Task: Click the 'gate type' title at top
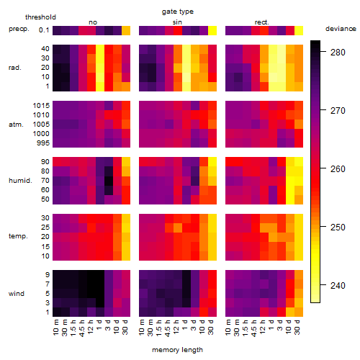(x=178, y=12)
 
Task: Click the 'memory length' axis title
(x=177, y=350)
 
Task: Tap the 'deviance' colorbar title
(x=341, y=29)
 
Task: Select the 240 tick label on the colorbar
(x=338, y=286)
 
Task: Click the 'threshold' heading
(x=40, y=17)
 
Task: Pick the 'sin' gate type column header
(x=177, y=22)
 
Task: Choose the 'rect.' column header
(x=261, y=22)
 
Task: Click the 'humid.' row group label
(x=20, y=181)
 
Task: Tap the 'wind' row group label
(x=17, y=294)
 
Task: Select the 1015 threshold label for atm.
(x=41, y=106)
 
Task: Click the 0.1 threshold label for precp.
(x=44, y=30)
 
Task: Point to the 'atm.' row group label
(x=16, y=125)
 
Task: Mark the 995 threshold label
(x=43, y=143)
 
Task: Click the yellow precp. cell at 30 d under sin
(x=212, y=30)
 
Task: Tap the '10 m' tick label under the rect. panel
(x=228, y=327)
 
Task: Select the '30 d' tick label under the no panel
(x=125, y=327)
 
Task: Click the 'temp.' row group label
(x=18, y=236)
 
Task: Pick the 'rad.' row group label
(x=15, y=68)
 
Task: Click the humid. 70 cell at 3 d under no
(x=109, y=181)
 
